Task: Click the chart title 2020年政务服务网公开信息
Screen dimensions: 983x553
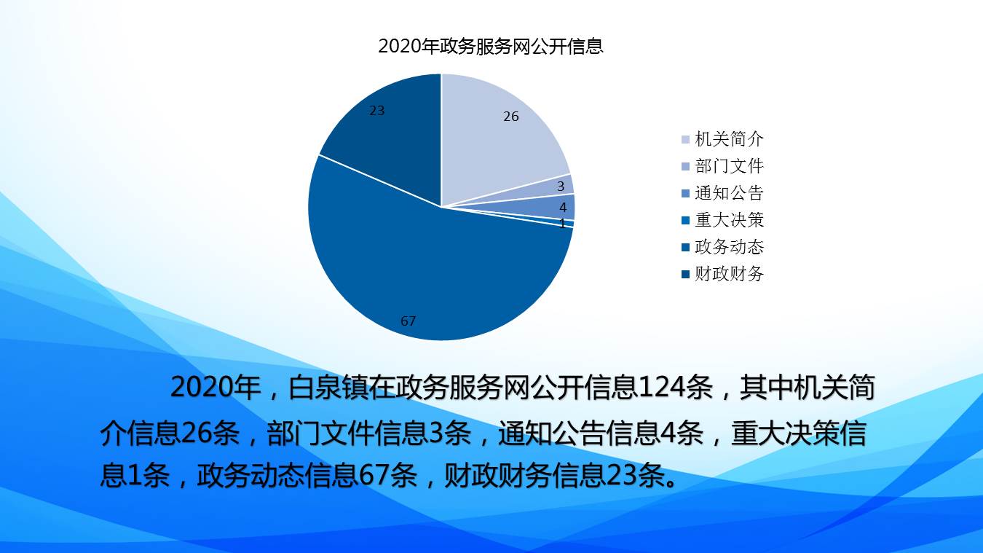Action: click(491, 46)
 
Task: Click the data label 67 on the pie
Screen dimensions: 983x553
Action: click(408, 321)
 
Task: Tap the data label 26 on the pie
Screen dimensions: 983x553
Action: click(511, 117)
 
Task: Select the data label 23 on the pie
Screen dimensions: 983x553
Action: click(377, 111)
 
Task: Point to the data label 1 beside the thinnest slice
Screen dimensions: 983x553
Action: click(563, 224)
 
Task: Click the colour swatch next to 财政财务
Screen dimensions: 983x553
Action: click(685, 275)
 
